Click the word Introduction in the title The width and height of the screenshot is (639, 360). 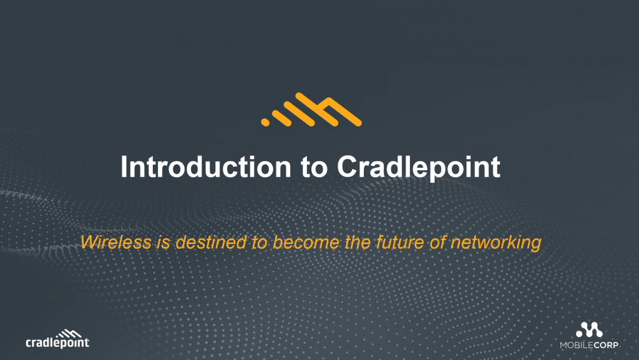point(203,167)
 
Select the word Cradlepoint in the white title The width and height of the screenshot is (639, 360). point(419,167)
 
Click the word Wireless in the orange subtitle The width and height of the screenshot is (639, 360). point(115,242)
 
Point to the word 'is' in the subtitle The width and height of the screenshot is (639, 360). point(162,242)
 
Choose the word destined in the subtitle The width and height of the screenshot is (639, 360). point(210,242)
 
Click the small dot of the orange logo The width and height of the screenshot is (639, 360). point(265,122)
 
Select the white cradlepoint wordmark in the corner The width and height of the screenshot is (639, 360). point(57,343)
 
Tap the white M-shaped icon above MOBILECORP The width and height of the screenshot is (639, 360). point(589,330)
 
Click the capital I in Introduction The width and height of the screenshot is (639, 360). point(124,167)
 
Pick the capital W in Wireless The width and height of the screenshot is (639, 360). point(90,242)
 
